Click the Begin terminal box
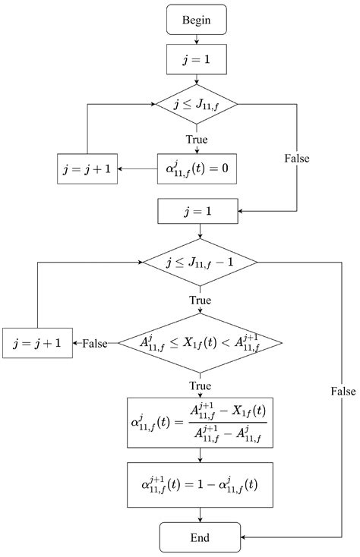[197, 20]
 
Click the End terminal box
[200, 537]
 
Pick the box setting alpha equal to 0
[197, 168]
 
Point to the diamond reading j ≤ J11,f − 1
[201, 262]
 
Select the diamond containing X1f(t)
[201, 343]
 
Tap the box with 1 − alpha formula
[201, 486]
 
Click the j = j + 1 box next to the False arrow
[37, 343]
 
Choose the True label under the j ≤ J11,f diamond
[197, 139]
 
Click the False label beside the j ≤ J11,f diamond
[297, 159]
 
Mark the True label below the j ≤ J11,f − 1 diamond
[201, 301]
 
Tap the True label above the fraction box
[201, 385]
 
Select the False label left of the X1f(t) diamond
[95, 343]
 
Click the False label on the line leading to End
[343, 390]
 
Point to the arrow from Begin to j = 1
[197, 39]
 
